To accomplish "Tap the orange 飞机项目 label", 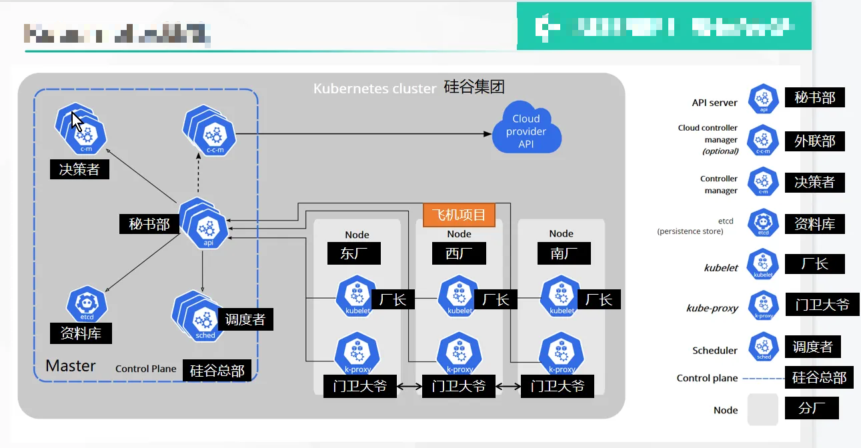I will [459, 215].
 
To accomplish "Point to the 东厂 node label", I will [354, 253].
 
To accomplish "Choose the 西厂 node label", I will [456, 253].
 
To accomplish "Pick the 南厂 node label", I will [560, 253].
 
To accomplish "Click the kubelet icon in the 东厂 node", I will [357, 298].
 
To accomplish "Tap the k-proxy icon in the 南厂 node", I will [561, 355].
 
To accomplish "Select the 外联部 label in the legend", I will [814, 141].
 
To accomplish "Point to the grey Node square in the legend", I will [762, 409].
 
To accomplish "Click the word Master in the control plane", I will [71, 366].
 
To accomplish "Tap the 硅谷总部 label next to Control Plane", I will [217, 371].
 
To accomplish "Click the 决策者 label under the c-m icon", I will [79, 169].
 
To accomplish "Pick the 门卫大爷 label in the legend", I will [822, 305].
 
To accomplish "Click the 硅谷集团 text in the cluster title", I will [474, 87].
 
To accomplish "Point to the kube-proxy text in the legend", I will [712, 308].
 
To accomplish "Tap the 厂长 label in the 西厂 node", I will [496, 299].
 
